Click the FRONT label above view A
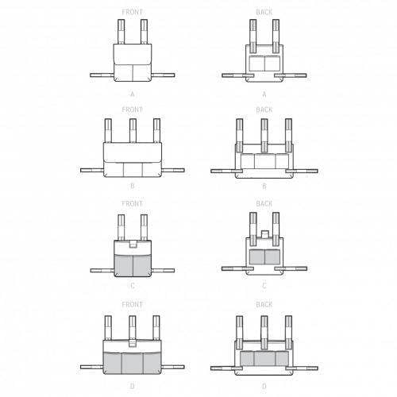pos(132,12)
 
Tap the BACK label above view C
pos(264,203)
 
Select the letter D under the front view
pos(133,386)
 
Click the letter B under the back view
pos(264,187)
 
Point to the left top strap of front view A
pos(121,32)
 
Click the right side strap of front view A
pos(164,75)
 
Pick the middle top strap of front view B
pos(133,130)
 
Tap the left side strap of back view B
pos(225,172)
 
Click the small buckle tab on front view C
pos(133,245)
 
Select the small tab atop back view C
pos(264,234)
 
